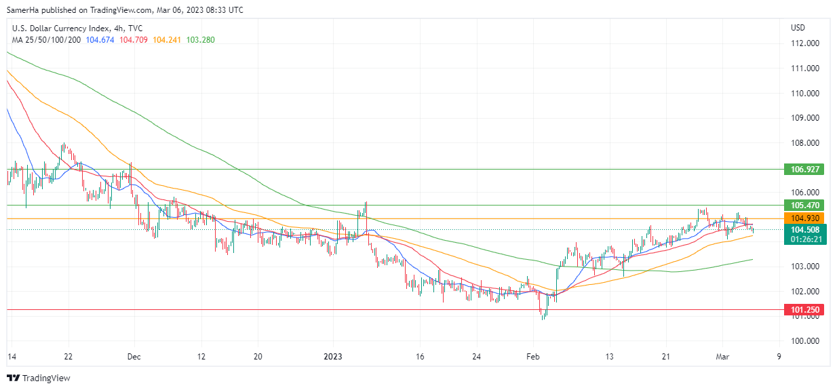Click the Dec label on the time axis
pyautogui.click(x=134, y=356)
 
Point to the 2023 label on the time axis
pyautogui.click(x=332, y=356)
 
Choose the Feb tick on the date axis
pyautogui.click(x=534, y=356)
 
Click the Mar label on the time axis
pyautogui.click(x=722, y=356)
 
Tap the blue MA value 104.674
pyautogui.click(x=100, y=40)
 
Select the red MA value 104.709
pyautogui.click(x=134, y=40)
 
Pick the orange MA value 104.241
pyautogui.click(x=167, y=40)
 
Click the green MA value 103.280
pyautogui.click(x=201, y=40)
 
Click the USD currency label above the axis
pyautogui.click(x=798, y=28)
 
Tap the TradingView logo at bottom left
pyautogui.click(x=39, y=378)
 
